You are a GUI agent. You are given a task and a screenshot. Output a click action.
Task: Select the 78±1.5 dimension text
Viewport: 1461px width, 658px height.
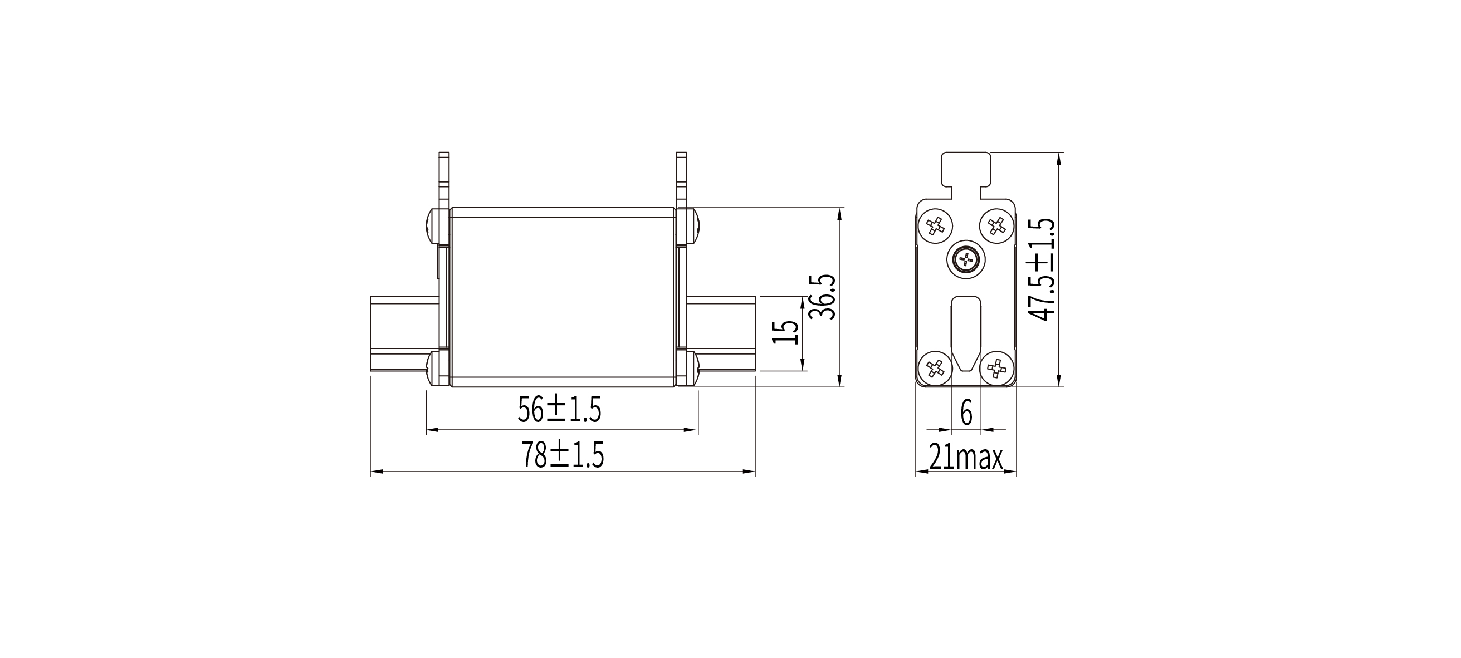[x=563, y=455]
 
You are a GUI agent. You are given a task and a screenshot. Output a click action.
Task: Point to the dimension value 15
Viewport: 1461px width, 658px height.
[x=786, y=333]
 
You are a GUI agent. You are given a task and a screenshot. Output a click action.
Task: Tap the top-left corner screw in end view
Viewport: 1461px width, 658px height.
[x=934, y=227]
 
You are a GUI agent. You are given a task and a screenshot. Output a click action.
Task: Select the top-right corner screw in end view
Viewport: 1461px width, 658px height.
[x=996, y=227]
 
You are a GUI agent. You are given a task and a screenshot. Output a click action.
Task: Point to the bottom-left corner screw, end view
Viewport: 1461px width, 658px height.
[x=934, y=369]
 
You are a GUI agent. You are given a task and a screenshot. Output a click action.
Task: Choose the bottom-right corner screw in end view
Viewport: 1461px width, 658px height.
[x=996, y=369]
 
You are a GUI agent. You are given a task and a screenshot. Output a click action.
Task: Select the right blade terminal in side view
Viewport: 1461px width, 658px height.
[x=721, y=335]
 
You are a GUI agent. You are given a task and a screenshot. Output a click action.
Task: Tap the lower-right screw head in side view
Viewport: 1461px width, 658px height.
[x=688, y=369]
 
